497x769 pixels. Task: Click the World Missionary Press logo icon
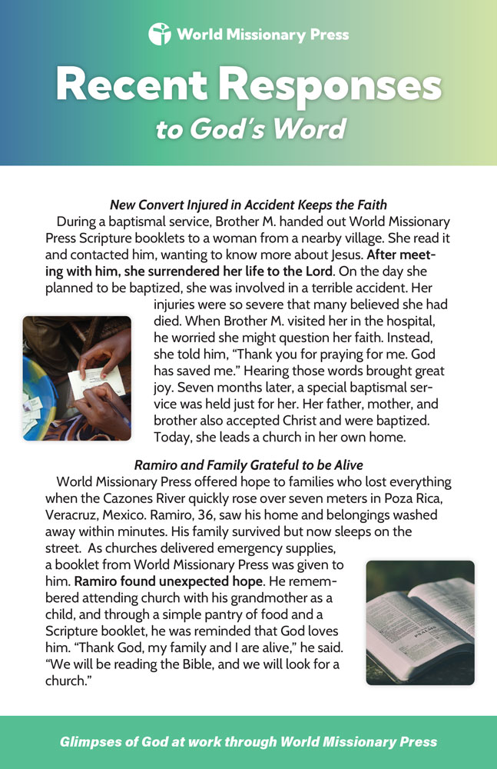[159, 34]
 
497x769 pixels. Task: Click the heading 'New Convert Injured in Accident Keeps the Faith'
[248, 205]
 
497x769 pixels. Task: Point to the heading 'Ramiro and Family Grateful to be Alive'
[248, 465]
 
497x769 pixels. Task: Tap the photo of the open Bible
[420, 622]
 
